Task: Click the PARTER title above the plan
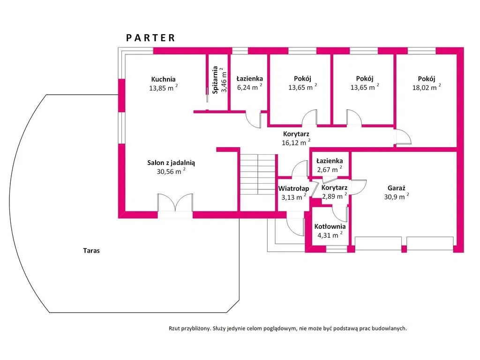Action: (150, 38)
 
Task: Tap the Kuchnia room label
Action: (163, 79)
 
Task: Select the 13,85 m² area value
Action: (163, 88)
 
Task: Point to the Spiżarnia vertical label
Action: (215, 81)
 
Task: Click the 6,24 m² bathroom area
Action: (249, 87)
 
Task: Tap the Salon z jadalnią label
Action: (171, 163)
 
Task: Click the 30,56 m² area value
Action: (171, 172)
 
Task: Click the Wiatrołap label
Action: (293, 188)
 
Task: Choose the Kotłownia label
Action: (330, 227)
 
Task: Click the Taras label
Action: (91, 251)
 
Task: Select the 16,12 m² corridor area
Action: (296, 142)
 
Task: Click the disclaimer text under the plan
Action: (288, 329)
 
